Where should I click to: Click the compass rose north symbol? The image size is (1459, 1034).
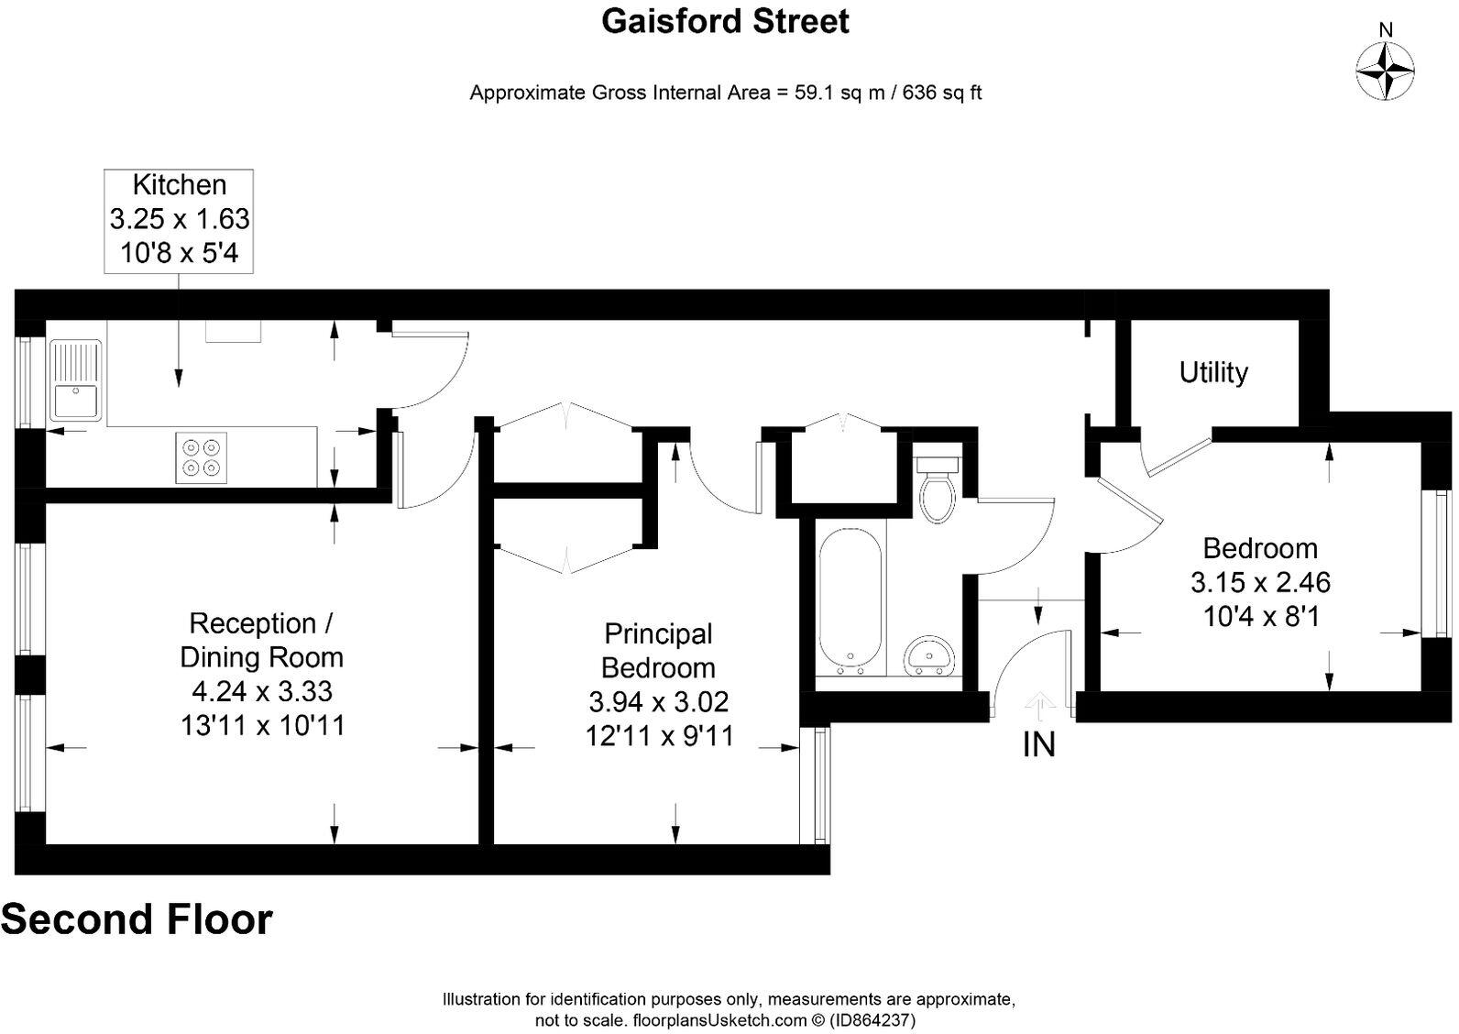1385,69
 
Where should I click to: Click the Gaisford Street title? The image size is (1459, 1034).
725,21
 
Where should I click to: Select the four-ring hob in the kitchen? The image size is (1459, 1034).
202,457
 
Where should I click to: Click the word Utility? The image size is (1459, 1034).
1212,372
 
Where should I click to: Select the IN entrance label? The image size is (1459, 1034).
1038,744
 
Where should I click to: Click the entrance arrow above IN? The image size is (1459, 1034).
1038,702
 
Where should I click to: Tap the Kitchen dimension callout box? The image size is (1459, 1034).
179,220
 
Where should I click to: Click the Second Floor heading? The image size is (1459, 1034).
137,919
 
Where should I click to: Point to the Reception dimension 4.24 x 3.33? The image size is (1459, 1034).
261,691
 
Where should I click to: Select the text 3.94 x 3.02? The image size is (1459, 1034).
658,702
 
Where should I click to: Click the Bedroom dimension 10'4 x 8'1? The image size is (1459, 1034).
1260,616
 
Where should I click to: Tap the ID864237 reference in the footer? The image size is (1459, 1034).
871,1019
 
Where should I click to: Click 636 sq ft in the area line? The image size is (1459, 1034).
942,93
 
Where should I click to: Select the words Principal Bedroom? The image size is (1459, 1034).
658,651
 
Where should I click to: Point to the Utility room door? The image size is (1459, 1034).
1179,456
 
